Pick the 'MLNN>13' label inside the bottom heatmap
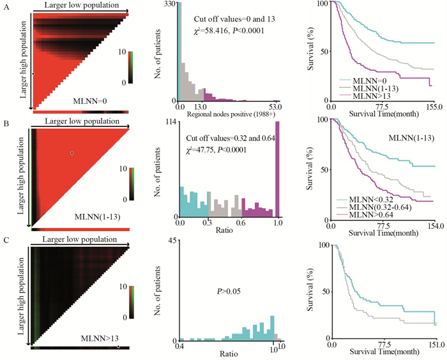95,336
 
